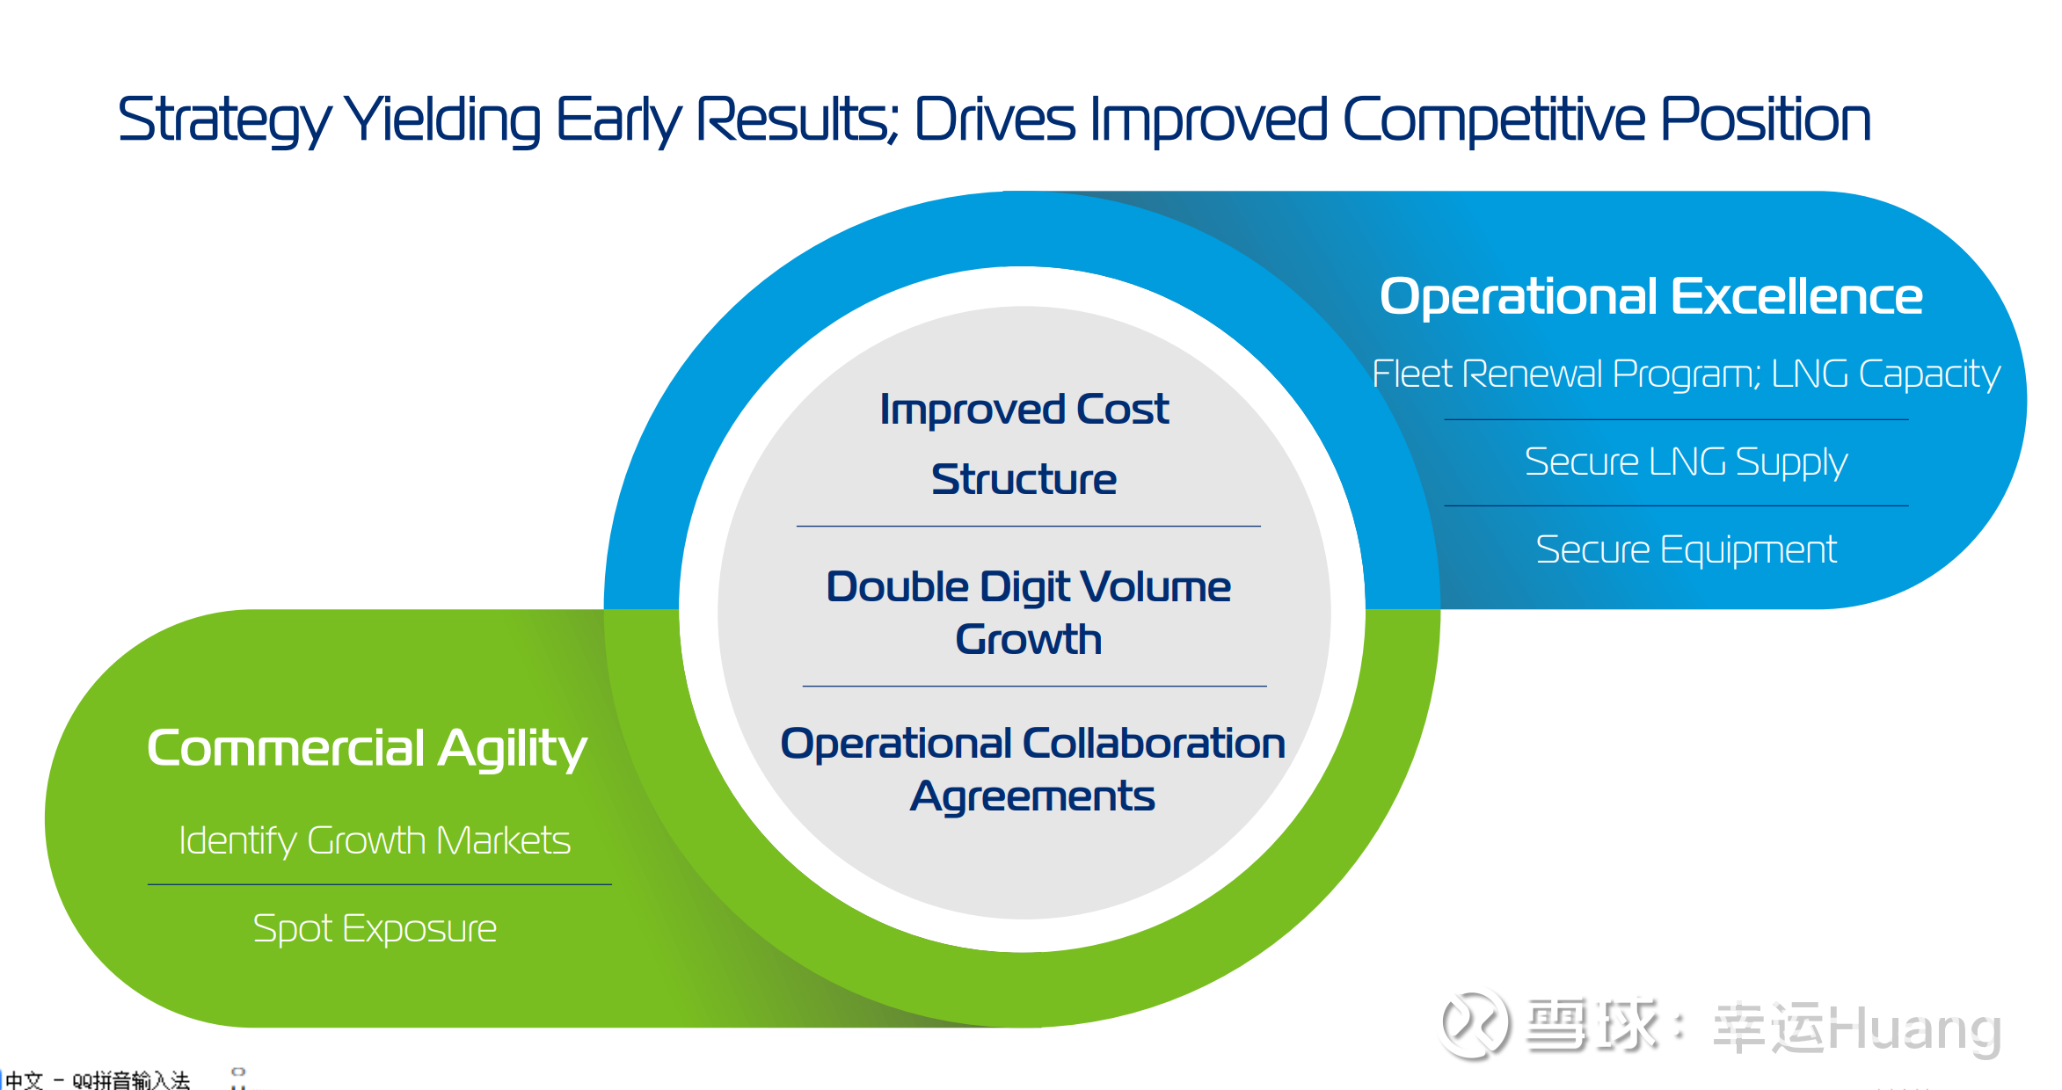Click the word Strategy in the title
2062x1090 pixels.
pos(224,120)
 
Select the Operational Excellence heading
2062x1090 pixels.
pos(1650,296)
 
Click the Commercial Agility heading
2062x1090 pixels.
pos(367,750)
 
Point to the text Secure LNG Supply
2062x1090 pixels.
pos(1686,462)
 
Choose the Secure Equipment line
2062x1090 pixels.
pos(1686,550)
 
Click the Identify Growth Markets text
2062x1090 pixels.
pos(375,841)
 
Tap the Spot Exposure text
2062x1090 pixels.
pos(375,929)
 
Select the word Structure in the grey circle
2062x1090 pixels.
pos(1024,480)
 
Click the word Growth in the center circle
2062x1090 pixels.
pos(1029,640)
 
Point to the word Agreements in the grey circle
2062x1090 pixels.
pos(1032,797)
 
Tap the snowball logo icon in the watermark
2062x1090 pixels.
pos(1475,1024)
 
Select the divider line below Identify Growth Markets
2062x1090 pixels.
pos(380,884)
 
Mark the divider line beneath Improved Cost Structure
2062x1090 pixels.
pos(1029,527)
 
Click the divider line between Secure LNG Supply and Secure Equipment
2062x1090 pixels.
pos(1676,505)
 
